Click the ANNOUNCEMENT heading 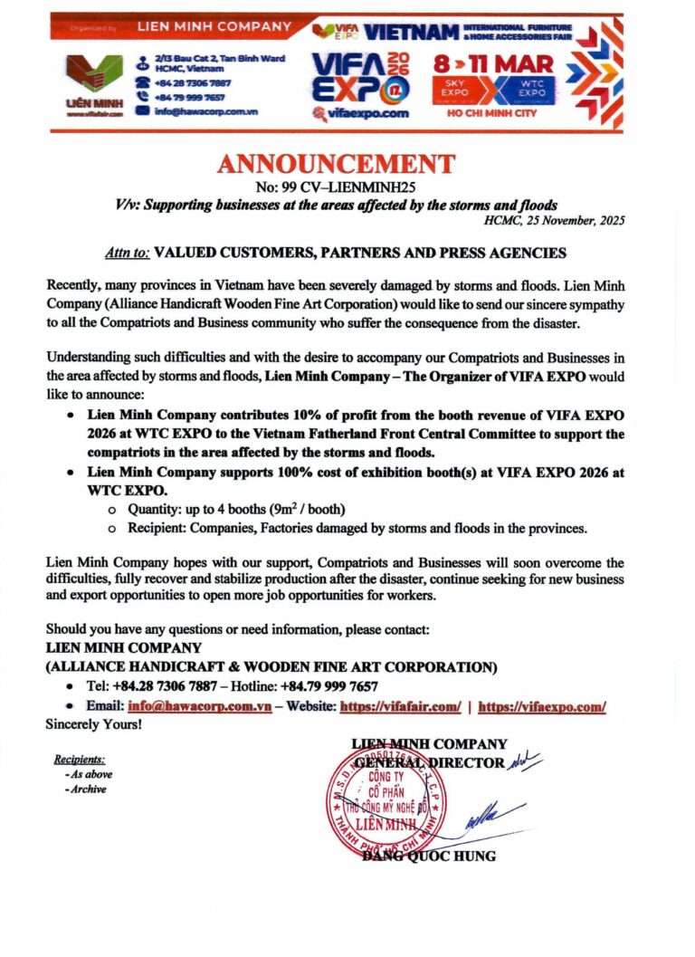[336, 165]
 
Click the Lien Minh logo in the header [93, 81]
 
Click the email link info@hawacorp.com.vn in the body [200, 707]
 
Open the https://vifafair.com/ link [398, 707]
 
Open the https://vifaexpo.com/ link [541, 707]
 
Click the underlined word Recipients [80, 759]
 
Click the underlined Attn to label [123, 253]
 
